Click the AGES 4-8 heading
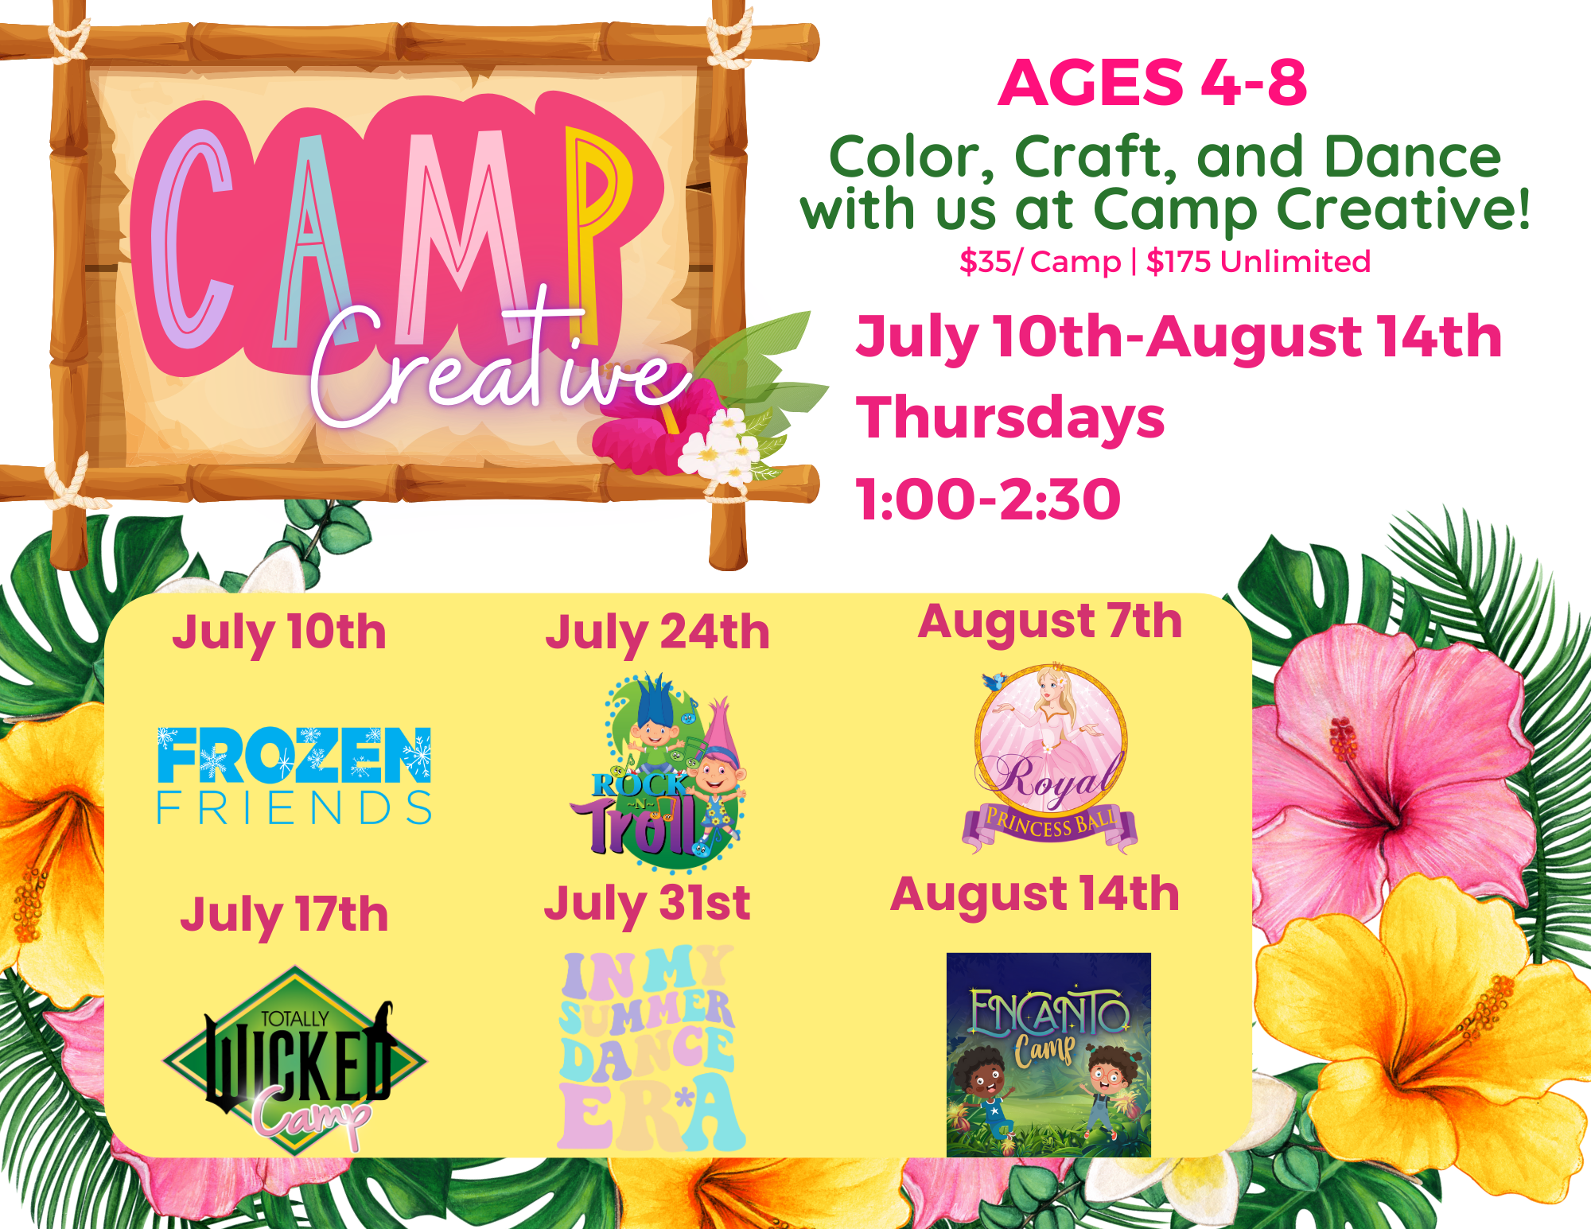(x=1152, y=82)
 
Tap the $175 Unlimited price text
(x=1258, y=262)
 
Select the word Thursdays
(x=1010, y=419)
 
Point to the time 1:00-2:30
(x=988, y=500)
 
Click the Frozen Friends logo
(x=294, y=776)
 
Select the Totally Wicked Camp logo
(x=294, y=1058)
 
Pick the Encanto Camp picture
(x=1048, y=1055)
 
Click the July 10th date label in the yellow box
(x=279, y=634)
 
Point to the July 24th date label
(x=657, y=634)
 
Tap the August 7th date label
(x=1050, y=623)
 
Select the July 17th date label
(x=284, y=916)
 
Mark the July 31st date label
(x=647, y=905)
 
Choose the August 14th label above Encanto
(x=1034, y=896)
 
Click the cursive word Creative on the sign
(x=501, y=366)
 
